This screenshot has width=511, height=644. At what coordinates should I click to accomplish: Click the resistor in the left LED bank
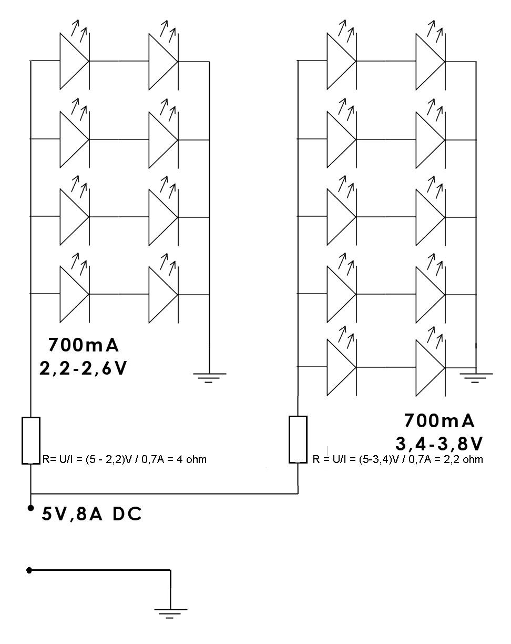(x=31, y=440)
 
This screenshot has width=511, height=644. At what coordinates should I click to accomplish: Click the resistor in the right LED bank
(x=298, y=439)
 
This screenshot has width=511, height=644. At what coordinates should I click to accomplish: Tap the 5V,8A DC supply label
(x=91, y=515)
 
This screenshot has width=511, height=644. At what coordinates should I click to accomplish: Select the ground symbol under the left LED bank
(x=209, y=378)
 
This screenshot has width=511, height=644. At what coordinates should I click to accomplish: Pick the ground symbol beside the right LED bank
(x=476, y=378)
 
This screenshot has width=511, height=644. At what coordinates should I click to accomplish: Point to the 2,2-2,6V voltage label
(x=83, y=368)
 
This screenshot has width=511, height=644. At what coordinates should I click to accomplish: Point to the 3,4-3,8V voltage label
(x=439, y=444)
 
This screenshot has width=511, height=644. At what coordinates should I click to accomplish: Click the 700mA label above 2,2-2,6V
(x=84, y=345)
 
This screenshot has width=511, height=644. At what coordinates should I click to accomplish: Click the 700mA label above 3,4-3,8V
(x=439, y=420)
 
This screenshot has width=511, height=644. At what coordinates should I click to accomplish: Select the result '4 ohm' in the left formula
(x=191, y=459)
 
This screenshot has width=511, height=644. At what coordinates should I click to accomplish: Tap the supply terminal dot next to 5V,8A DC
(x=30, y=508)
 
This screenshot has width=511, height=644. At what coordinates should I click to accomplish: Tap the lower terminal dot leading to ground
(x=29, y=570)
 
